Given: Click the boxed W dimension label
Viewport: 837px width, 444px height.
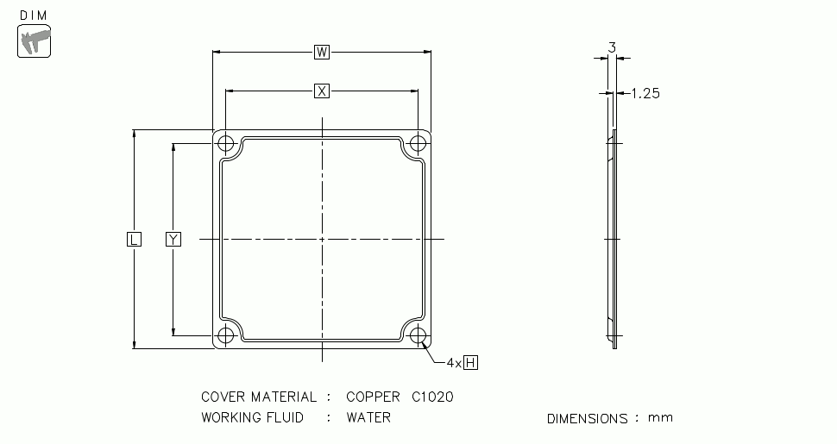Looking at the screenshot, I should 322,53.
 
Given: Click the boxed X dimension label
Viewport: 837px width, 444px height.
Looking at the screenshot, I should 322,91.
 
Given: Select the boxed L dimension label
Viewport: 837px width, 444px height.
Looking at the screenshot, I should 134,239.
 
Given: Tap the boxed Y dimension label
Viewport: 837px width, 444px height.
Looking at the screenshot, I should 173,239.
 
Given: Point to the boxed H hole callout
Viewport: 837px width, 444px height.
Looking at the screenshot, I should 470,363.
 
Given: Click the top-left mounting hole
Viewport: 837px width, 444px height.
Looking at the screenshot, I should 226,143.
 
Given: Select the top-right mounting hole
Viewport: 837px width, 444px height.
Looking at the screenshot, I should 418,143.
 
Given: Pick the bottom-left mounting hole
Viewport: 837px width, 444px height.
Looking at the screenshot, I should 226,335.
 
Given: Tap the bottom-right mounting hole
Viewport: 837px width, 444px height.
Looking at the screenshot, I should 418,335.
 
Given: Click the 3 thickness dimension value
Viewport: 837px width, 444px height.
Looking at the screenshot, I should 612,48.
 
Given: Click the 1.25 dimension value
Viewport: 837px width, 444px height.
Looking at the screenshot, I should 645,94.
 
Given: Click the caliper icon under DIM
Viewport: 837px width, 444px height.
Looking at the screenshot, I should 35,41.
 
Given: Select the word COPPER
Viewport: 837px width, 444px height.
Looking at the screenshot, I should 373,397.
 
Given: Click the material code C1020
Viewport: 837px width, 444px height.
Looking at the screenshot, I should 431,397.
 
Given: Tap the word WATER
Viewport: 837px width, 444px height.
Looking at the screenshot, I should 368,418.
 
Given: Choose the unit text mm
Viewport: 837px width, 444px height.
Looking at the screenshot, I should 660,418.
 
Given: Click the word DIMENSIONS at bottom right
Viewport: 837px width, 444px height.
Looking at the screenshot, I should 587,419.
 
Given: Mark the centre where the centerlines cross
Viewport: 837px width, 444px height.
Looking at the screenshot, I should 322,239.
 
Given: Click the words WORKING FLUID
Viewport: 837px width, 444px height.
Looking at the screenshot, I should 252,418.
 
